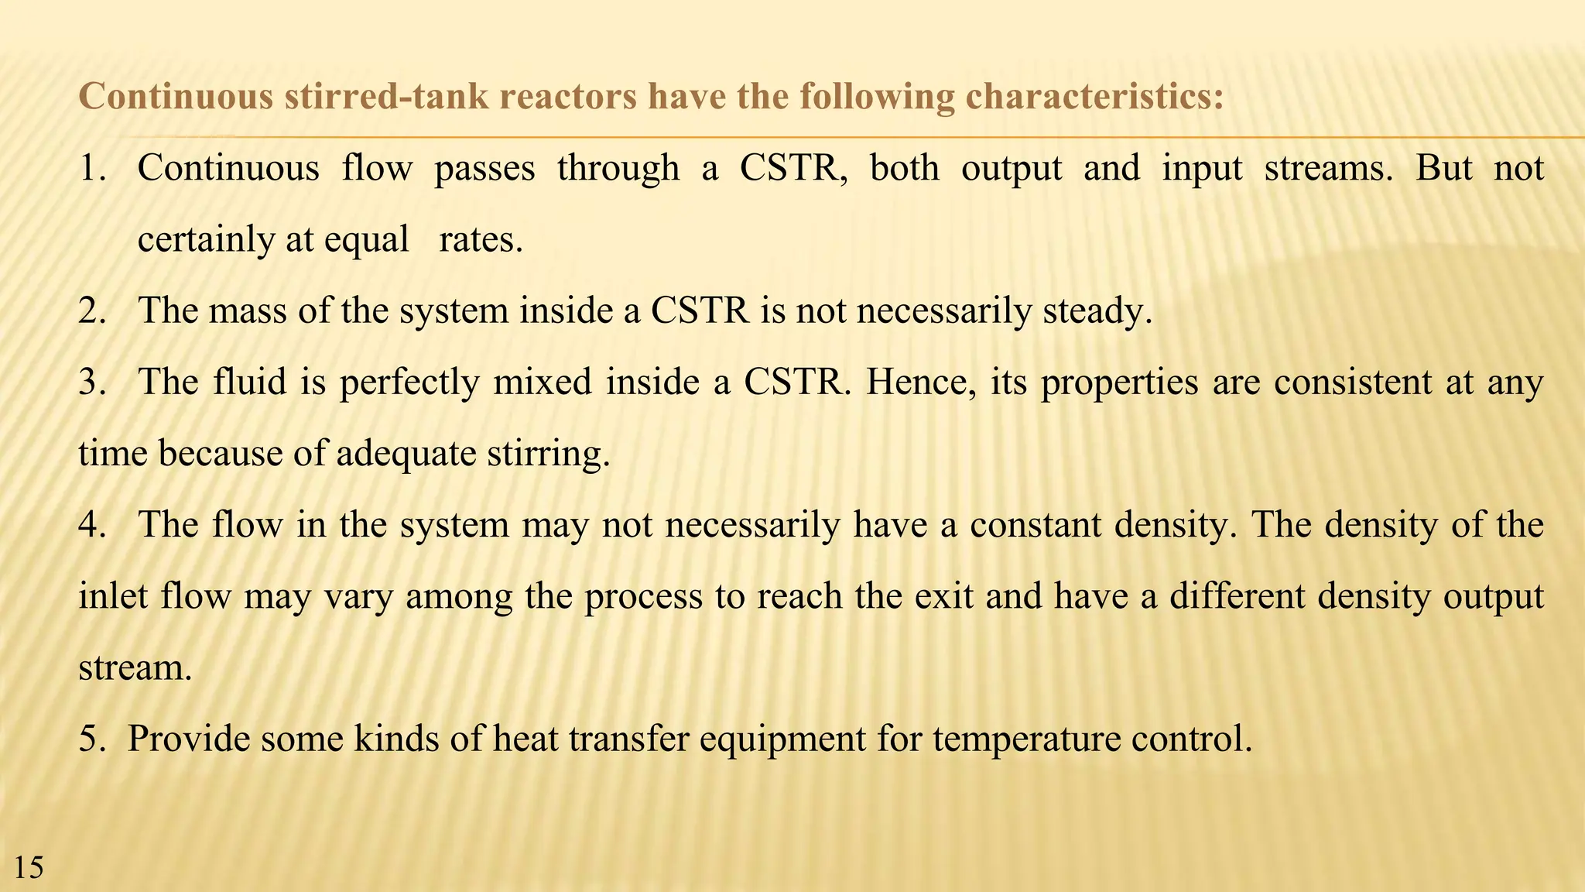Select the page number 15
(29, 868)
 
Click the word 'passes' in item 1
(484, 169)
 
